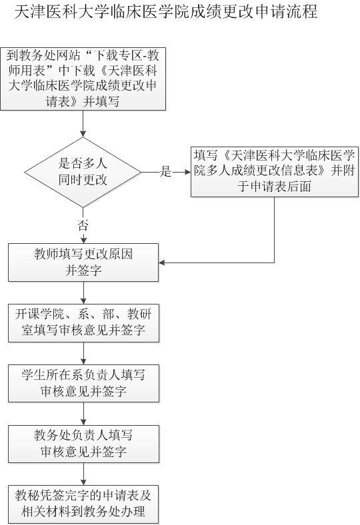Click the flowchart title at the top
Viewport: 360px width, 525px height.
166,11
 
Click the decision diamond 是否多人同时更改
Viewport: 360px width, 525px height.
83,173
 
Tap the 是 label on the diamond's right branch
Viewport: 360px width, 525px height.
165,171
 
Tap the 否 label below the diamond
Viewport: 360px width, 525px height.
83,225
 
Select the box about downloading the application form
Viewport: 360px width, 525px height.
83,79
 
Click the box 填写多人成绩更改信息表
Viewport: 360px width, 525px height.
275,171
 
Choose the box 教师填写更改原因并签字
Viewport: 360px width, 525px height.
83,262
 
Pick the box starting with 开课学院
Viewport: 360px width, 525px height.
83,322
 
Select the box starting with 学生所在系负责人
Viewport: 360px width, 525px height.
83,383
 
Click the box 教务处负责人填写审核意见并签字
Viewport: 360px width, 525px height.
83,444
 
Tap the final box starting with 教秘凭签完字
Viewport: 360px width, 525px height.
83,504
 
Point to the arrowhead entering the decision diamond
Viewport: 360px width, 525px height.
83,134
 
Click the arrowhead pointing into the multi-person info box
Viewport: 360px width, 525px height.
187,172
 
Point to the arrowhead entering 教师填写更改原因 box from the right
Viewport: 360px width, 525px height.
163,262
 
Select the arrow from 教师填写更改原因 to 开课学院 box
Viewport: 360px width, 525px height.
83,292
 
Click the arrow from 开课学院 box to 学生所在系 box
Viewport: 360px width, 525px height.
83,353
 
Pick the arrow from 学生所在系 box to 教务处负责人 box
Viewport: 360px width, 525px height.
83,414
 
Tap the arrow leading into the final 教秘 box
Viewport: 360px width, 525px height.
83,474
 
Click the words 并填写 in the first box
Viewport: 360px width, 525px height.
101,101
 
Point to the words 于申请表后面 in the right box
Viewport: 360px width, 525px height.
275,187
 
